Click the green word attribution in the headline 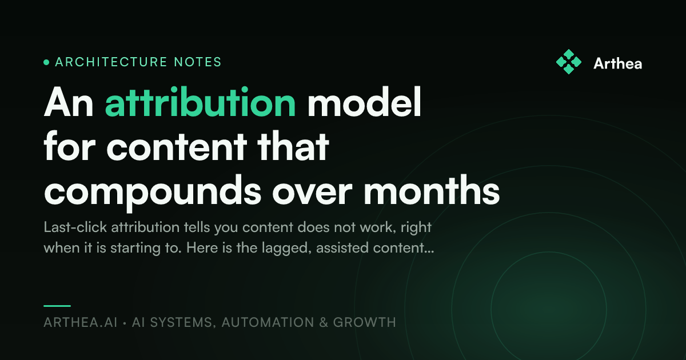click(x=200, y=102)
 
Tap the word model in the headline click(x=364, y=102)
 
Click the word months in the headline click(x=432, y=190)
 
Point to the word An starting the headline click(x=69, y=102)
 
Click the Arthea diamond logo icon click(x=569, y=62)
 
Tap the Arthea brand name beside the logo click(x=618, y=63)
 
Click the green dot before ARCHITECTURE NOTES click(x=46, y=62)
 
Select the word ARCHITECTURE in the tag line click(x=111, y=62)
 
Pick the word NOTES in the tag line click(x=198, y=62)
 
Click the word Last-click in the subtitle click(x=75, y=227)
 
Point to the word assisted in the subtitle click(x=342, y=247)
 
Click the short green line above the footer click(x=57, y=306)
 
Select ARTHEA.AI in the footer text click(x=81, y=322)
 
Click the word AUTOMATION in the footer click(x=268, y=322)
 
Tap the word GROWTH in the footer click(x=365, y=322)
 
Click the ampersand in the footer click(x=324, y=322)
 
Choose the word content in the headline click(x=177, y=146)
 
